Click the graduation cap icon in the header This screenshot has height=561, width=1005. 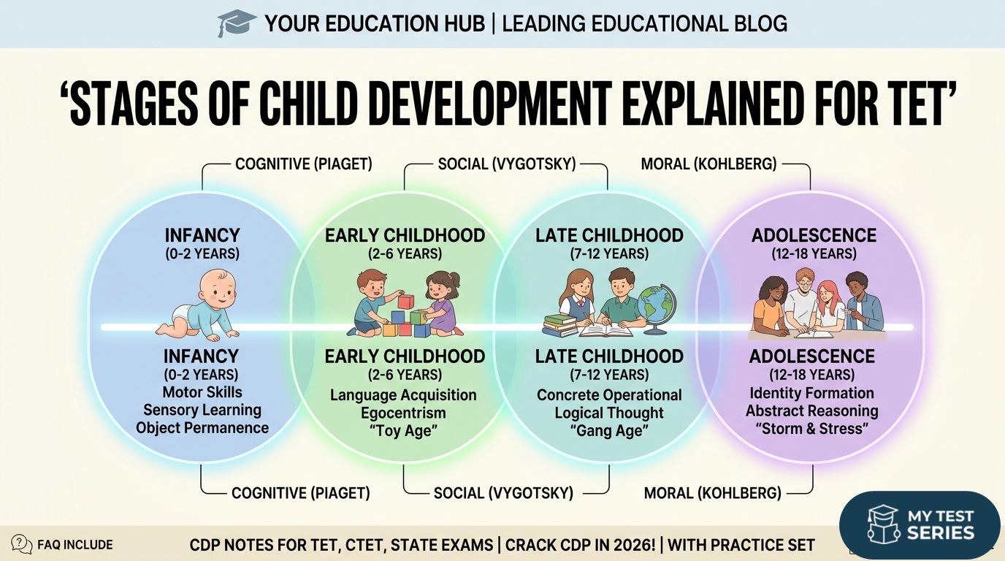tap(236, 23)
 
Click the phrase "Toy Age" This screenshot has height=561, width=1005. tap(403, 432)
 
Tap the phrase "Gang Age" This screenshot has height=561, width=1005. tap(609, 432)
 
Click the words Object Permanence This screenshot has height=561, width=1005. tap(202, 428)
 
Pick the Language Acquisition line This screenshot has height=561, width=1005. tap(403, 395)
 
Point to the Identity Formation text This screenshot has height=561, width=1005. tap(811, 393)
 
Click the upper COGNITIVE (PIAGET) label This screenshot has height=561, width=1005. tap(303, 164)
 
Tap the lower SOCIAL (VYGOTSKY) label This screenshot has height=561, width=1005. tap(503, 493)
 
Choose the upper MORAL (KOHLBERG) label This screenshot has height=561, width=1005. tap(708, 164)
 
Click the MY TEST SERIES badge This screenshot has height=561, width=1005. tap(920, 524)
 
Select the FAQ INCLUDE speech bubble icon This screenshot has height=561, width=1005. tap(22, 544)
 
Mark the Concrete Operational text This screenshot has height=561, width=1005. tap(609, 395)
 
